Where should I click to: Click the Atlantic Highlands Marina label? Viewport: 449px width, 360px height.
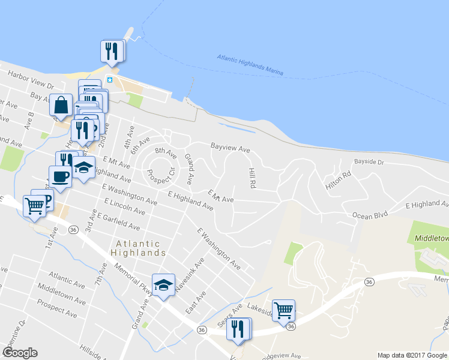coord(249,65)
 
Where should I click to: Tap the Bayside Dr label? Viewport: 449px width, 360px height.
coord(369,162)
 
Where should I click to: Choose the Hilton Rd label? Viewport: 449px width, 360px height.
coord(337,182)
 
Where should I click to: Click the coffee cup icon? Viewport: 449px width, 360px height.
coord(60,176)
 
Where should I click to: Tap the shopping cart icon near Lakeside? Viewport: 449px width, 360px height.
coord(284,310)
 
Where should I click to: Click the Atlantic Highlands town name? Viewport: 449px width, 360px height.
coord(138,248)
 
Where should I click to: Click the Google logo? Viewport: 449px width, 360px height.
coord(20,352)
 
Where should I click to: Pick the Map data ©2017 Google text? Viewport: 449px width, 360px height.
coord(412,356)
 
